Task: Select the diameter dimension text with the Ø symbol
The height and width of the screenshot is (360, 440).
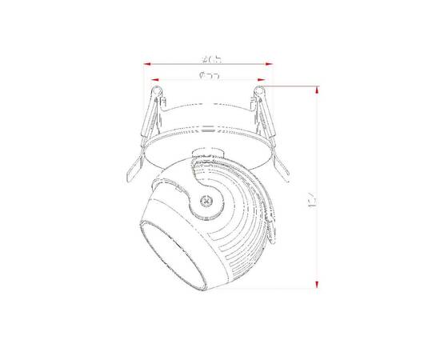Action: pos(209,76)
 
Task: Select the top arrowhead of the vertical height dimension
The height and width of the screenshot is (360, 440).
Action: pos(318,90)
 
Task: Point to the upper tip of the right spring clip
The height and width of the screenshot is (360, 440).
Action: pos(261,92)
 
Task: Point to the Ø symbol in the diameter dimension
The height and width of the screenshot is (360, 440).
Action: pos(198,76)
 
